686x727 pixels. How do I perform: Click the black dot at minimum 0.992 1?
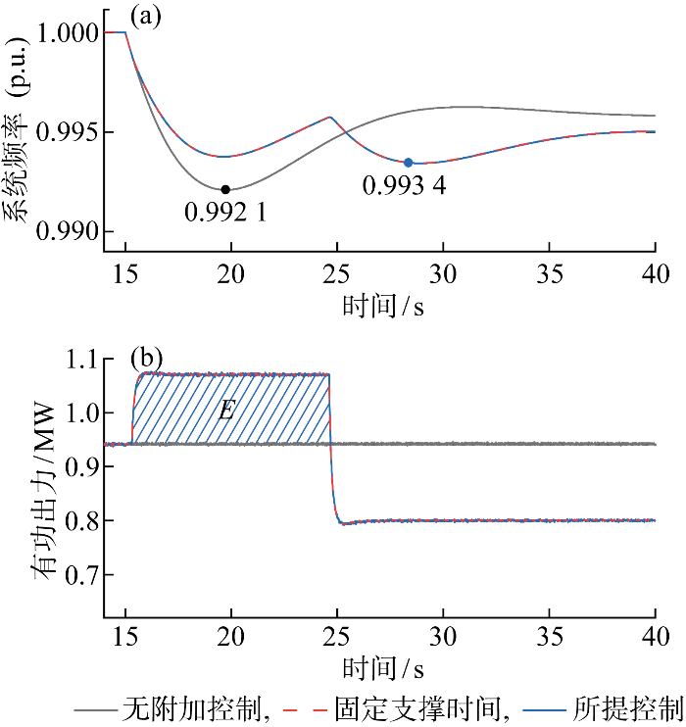(225, 189)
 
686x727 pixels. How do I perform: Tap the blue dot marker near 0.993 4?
(409, 163)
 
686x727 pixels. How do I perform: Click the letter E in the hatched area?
(226, 410)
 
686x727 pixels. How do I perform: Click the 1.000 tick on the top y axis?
(68, 33)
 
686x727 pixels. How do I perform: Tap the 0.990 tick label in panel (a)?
(68, 232)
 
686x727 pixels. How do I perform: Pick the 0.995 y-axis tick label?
(68, 133)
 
